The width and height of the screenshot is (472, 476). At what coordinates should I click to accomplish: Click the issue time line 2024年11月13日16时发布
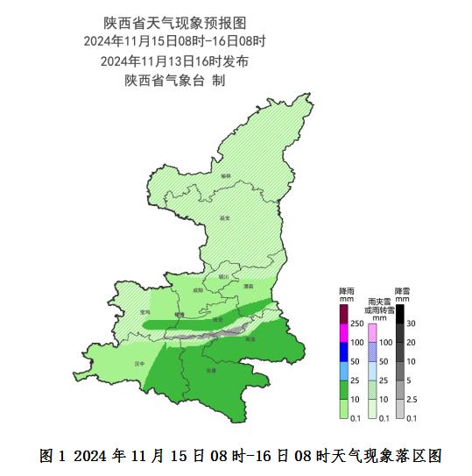(175, 61)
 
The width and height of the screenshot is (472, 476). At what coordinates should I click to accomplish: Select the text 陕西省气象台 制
(175, 81)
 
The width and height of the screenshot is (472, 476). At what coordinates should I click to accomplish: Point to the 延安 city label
(224, 217)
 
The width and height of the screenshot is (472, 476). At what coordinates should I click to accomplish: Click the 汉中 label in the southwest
(137, 362)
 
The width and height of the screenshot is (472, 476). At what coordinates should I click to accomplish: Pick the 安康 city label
(210, 371)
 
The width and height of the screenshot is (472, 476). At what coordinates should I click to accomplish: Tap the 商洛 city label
(251, 338)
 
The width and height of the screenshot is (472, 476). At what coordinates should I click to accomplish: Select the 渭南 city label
(249, 286)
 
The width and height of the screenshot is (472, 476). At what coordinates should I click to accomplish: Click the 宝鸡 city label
(145, 311)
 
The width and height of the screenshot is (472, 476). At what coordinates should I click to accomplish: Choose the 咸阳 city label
(198, 289)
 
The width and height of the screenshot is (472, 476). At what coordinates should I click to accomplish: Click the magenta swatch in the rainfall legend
(344, 333)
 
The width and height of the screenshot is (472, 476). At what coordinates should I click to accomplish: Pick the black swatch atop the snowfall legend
(398, 314)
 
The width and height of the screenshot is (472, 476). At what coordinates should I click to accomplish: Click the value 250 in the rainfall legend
(356, 323)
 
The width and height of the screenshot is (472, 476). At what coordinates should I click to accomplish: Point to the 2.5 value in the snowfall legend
(411, 399)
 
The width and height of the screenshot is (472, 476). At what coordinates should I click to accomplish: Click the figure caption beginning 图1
(236, 456)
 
